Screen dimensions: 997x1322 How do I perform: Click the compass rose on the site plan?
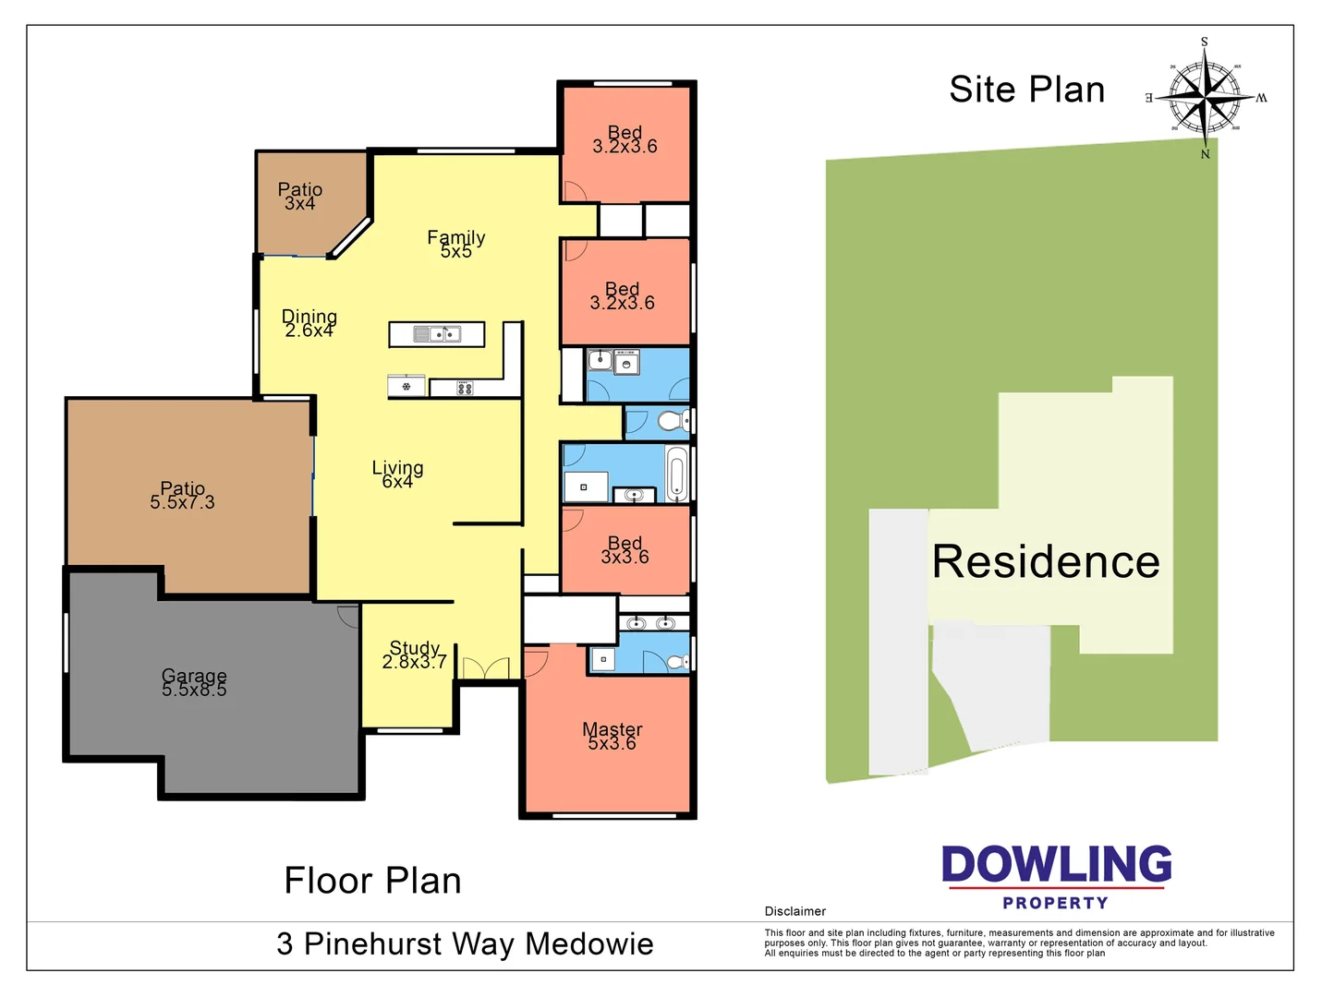1206,97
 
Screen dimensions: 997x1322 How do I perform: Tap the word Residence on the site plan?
1046,561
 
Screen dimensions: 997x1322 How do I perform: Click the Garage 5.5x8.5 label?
194,683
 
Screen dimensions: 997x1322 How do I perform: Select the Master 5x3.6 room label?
612,737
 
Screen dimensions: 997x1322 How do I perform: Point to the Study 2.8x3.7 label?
415,655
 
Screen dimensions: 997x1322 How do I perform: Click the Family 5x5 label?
455,245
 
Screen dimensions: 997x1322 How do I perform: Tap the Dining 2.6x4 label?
309,324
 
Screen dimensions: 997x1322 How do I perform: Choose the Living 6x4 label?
397,474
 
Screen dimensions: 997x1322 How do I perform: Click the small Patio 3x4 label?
299,197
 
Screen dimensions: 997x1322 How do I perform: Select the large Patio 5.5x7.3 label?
182,496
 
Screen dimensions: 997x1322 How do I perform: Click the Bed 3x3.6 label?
625,550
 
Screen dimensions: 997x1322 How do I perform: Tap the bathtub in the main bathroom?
676,474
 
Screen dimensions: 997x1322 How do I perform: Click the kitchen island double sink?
437,334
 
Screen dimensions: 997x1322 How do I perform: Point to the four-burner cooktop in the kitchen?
465,389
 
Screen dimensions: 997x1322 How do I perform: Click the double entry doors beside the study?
486,668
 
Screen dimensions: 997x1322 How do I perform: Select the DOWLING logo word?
1056,865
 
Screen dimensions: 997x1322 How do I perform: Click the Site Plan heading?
1026,90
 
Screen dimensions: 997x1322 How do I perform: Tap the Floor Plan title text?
372,881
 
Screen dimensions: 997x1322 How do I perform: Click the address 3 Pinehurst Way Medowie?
465,944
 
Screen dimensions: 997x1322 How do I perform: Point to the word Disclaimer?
794,911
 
